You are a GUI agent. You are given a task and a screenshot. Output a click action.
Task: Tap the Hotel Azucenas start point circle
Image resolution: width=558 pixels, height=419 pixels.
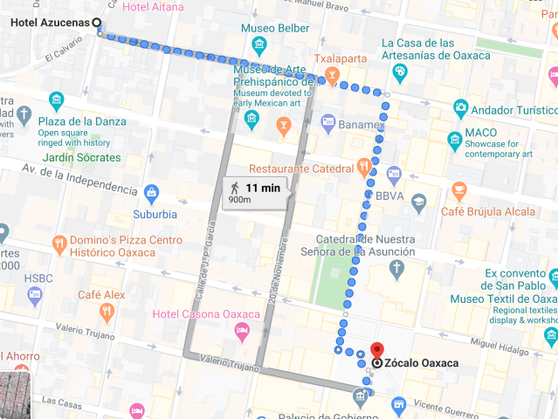point(96,23)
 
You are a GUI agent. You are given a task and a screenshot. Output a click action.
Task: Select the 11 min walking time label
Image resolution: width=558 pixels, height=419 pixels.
point(262,188)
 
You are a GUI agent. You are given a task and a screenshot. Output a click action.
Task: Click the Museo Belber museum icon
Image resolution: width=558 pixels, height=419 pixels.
point(258,45)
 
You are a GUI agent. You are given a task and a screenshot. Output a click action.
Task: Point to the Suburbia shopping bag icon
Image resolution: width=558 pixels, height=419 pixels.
point(152,192)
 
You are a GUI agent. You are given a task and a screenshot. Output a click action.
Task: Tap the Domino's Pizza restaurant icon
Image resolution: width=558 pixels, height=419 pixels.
point(59,243)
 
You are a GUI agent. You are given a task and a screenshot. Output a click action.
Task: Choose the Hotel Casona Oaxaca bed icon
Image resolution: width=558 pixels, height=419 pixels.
point(242,330)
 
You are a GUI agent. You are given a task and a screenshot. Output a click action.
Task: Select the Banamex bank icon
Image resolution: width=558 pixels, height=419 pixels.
point(328,122)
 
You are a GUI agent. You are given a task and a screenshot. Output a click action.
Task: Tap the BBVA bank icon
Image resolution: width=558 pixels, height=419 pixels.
point(393,174)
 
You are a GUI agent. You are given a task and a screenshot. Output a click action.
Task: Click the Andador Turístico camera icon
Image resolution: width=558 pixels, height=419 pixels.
point(460,108)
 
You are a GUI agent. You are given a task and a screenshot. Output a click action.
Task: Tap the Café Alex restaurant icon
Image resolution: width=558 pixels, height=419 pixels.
point(107,311)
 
